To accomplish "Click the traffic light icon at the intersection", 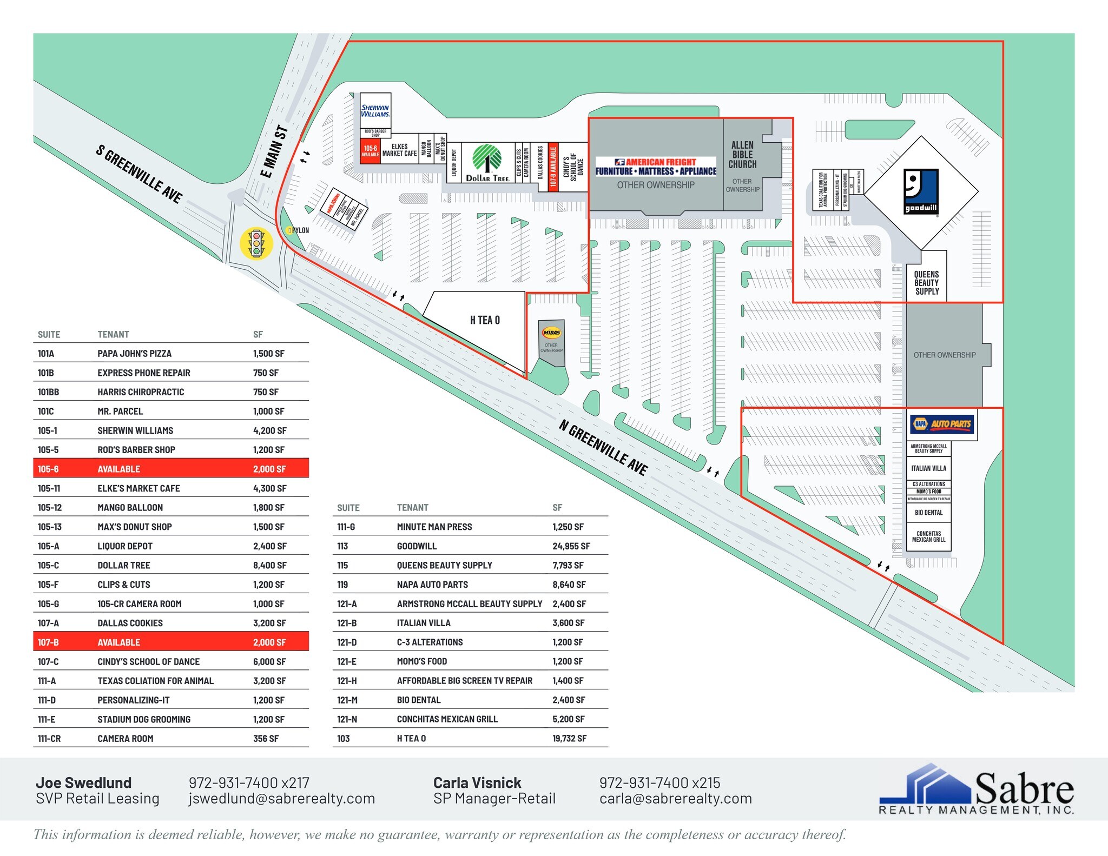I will click(256, 243).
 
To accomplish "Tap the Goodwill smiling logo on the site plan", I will click(921, 191).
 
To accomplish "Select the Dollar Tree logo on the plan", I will click(487, 163).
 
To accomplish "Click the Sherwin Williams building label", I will click(375, 111).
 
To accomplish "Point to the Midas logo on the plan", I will click(551, 333).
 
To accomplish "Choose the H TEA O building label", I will click(485, 320).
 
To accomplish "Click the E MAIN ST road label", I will click(274, 152).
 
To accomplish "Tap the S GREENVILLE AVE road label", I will click(139, 174).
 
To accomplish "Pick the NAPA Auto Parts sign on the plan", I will click(942, 424).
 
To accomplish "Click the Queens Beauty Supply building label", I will click(927, 283).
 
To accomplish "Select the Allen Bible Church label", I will click(742, 155).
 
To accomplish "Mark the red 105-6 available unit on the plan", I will click(371, 151).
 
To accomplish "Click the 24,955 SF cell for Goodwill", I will click(571, 546).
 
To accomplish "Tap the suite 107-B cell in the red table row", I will click(48, 642).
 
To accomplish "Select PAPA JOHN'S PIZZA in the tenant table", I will click(134, 354).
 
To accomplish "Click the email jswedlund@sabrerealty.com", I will click(281, 799).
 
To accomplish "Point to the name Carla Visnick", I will click(477, 782).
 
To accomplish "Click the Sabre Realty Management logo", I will click(976, 789).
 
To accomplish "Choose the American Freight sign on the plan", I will click(656, 167).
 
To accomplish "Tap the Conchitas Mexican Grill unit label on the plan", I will click(928, 536).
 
